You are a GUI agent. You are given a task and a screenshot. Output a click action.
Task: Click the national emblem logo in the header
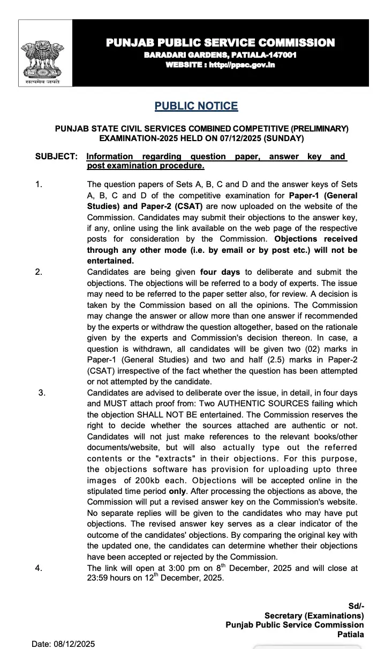click(45, 53)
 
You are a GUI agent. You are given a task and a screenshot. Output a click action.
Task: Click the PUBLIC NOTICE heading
click(196, 106)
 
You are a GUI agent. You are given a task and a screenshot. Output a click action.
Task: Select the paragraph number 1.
click(38, 184)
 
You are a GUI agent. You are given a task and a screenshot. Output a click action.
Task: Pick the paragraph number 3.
click(41, 392)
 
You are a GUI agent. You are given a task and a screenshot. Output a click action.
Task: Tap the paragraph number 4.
click(38, 568)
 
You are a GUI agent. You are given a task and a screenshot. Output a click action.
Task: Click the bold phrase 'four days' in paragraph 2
click(220, 272)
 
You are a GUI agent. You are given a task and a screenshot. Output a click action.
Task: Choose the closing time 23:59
click(97, 578)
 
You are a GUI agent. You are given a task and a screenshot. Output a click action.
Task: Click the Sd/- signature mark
click(356, 606)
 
